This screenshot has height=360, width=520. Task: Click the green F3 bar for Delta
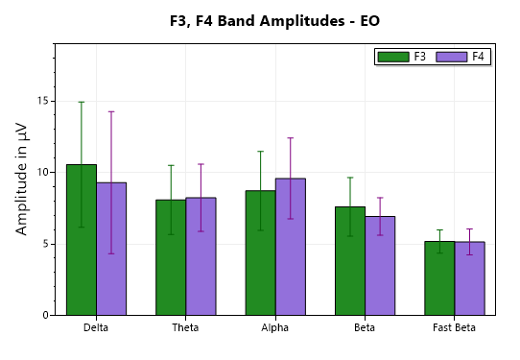click(x=81, y=240)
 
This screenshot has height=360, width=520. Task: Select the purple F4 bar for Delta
click(x=111, y=249)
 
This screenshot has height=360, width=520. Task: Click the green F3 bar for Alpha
click(x=260, y=252)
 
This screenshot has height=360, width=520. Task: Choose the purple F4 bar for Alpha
click(x=290, y=247)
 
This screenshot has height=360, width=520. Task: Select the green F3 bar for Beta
click(x=349, y=261)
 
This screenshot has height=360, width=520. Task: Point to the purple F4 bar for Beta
click(x=380, y=266)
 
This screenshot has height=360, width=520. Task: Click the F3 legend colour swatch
click(x=393, y=57)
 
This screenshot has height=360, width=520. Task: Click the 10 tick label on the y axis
click(x=42, y=172)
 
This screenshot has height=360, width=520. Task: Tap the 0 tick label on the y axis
click(x=45, y=315)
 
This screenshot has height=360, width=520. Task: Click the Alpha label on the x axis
click(x=275, y=328)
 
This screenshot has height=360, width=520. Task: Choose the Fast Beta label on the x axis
click(x=454, y=328)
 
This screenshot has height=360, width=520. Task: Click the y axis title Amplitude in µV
click(x=22, y=180)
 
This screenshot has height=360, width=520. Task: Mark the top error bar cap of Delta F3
click(x=81, y=102)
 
